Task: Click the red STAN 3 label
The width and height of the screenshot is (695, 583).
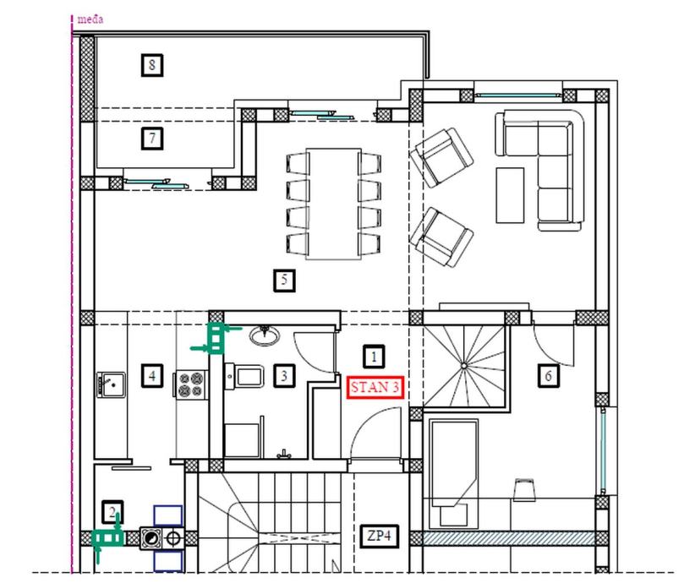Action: pos(375,388)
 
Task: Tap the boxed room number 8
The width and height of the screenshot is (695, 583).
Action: pos(152,65)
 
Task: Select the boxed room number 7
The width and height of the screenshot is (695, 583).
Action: pos(152,139)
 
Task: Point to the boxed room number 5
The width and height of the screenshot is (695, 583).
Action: pos(284,280)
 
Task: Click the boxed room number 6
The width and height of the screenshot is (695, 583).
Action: pos(548,376)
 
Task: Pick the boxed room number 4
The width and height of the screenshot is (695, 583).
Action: pos(152,376)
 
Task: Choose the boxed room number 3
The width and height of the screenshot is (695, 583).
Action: pos(284,376)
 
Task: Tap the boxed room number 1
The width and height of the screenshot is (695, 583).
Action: pos(374,357)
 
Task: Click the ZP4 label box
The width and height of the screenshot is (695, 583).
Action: pos(379,536)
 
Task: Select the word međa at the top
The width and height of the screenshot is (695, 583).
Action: pos(90,19)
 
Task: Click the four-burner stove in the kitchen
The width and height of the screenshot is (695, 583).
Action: pos(192,384)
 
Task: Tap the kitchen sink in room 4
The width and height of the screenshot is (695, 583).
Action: pos(112,385)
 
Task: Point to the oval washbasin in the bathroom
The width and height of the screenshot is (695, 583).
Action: pos(264,335)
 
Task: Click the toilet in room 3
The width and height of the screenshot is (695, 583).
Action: pos(244,377)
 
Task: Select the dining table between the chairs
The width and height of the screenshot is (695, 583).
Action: pos(333,204)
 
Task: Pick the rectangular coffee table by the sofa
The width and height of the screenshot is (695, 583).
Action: pos(510,195)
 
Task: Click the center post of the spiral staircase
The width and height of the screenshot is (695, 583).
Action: pos(463,366)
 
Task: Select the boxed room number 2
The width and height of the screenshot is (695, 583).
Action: pos(112,512)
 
